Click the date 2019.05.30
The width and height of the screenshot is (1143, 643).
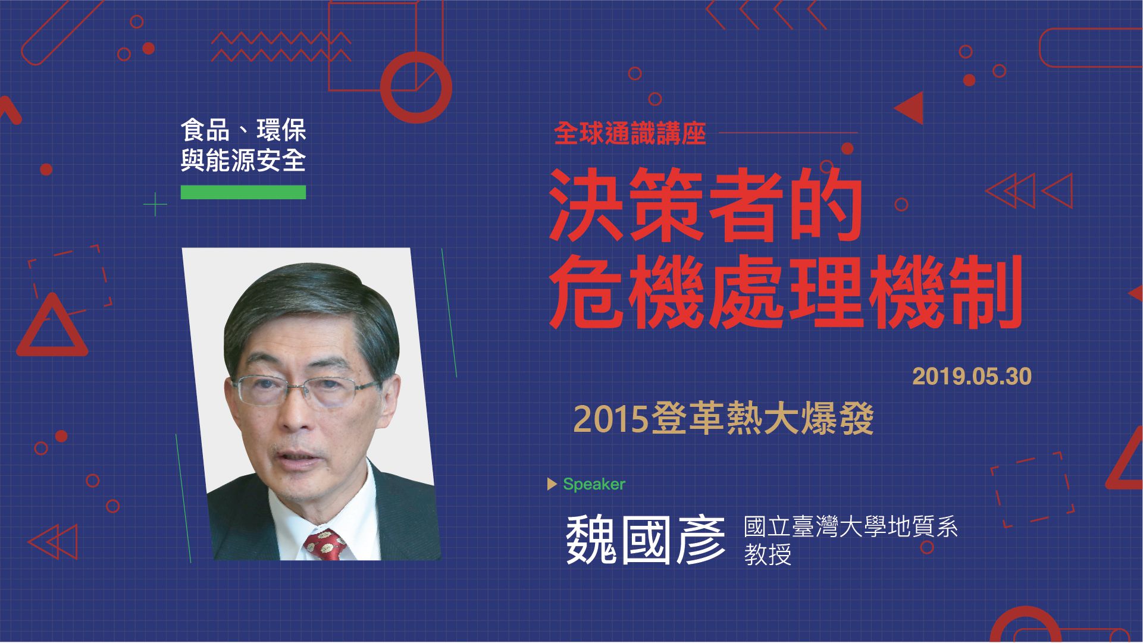click(x=972, y=377)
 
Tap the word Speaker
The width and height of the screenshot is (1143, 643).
click(x=594, y=484)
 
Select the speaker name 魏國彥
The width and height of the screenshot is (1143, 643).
click(x=645, y=540)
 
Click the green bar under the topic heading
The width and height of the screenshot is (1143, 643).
click(x=243, y=192)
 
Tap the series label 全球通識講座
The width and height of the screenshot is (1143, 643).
click(x=630, y=134)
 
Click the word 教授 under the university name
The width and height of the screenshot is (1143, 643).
click(x=768, y=554)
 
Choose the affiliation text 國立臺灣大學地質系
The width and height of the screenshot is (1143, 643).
click(x=851, y=526)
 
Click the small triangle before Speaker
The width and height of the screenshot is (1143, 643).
click(x=552, y=484)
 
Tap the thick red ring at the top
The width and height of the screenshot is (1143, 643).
click(x=416, y=87)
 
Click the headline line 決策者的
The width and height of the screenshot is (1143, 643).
click(x=706, y=205)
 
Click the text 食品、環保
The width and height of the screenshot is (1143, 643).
click(x=243, y=131)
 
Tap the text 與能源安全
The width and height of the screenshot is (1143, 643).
click(x=243, y=160)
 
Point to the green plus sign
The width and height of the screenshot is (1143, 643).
click(x=155, y=204)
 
